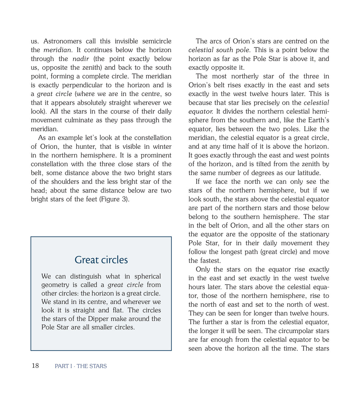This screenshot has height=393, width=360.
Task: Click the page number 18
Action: pos(35,366)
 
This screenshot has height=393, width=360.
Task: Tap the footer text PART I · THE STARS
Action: pos(81,366)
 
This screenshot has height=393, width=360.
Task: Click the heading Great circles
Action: pos(101,260)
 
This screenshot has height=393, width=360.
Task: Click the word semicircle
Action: pos(157,41)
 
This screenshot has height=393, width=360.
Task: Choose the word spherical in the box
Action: pos(147,276)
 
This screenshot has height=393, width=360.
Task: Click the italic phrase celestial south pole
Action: pos(219,50)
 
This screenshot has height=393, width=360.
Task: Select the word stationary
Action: pos(311,234)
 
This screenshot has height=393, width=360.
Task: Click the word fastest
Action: pos(210,261)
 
